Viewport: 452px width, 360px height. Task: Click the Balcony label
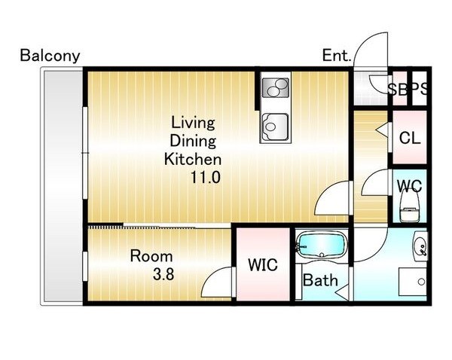tap(50, 56)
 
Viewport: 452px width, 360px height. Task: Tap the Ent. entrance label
tap(337, 55)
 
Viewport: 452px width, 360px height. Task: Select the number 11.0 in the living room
tap(206, 177)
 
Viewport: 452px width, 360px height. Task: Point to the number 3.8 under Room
tap(163, 274)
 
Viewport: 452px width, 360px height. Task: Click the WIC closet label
tap(263, 264)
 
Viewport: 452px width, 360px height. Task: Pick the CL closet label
tap(410, 138)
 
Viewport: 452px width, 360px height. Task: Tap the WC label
tap(409, 186)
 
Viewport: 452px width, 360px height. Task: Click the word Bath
tap(320, 280)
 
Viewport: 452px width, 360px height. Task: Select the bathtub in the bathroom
tap(322, 245)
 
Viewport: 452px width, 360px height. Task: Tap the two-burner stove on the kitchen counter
tap(275, 87)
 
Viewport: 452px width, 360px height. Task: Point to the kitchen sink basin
tap(275, 127)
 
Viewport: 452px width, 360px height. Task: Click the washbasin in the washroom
tap(420, 246)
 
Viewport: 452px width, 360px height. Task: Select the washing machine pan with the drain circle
tap(413, 282)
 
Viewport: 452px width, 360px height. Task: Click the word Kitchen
tap(193, 160)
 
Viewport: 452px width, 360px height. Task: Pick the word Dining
tap(193, 142)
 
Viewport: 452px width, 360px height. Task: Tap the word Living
tap(193, 123)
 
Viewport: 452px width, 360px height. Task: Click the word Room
tap(151, 256)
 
